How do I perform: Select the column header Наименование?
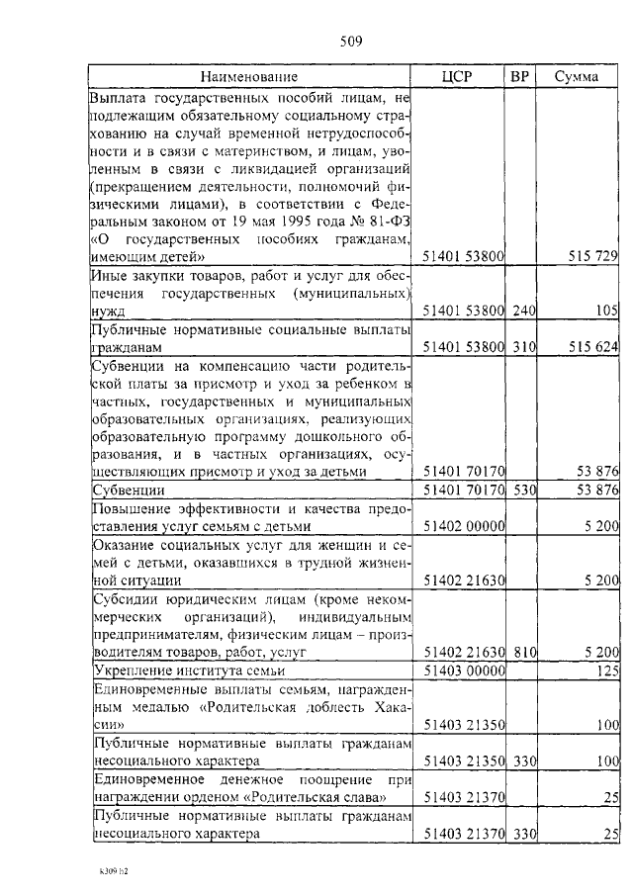pos(249,77)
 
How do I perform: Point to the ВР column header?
pos(521,77)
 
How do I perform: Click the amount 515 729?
pos(592,256)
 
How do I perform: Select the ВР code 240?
pos(523,311)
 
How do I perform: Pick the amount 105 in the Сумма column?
pos(606,311)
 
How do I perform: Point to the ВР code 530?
pos(523,490)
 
